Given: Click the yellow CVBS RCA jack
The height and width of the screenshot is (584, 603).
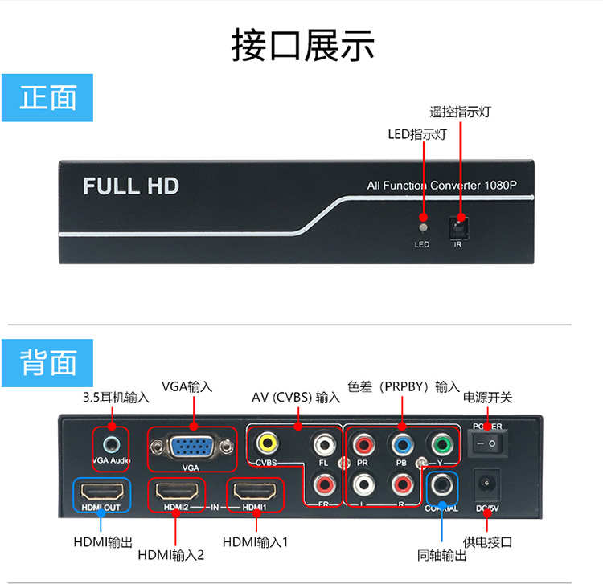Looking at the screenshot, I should click(266, 442).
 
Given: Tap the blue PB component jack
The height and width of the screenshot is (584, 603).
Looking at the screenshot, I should click(400, 443).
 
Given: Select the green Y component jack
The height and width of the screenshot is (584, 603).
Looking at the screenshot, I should click(439, 443).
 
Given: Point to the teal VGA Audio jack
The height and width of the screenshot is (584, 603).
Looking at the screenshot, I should click(111, 442).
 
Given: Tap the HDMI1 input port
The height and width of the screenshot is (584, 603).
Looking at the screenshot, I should click(254, 489).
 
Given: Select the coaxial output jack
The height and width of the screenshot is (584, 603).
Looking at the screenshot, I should click(441, 485).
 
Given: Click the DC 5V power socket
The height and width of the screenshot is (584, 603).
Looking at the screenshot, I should click(487, 484).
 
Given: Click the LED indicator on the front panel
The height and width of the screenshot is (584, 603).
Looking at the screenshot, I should click(423, 218).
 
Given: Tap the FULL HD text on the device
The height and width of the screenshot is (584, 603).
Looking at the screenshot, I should click(131, 186).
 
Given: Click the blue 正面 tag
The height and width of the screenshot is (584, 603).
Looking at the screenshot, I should click(48, 98).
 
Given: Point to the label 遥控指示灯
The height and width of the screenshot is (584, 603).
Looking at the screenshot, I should click(460, 112).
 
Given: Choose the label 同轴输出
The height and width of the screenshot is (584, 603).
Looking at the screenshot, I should click(441, 553).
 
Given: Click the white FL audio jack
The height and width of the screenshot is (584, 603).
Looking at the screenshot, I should click(324, 443).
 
